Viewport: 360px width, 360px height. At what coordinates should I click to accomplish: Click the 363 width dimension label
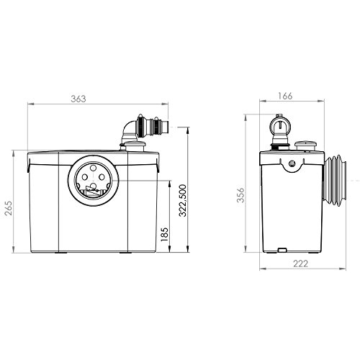tap(78, 99)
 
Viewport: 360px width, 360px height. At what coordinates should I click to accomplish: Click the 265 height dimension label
tap(9, 208)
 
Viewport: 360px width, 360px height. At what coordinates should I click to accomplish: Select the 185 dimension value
tap(165, 235)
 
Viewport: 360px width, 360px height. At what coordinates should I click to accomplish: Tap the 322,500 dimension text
tap(183, 201)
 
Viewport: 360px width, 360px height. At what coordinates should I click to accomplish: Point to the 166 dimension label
tap(285, 96)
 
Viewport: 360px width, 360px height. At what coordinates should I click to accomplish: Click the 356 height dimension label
tap(240, 195)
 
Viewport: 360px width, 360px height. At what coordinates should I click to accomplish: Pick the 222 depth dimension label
tap(300, 264)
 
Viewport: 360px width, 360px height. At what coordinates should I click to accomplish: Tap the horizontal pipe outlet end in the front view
tap(165, 127)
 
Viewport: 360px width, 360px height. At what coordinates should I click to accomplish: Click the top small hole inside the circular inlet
tap(93, 167)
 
